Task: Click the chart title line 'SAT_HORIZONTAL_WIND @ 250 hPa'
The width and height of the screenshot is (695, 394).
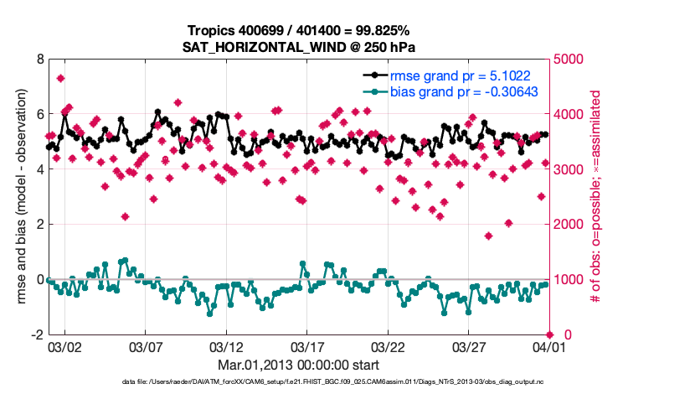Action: (299, 47)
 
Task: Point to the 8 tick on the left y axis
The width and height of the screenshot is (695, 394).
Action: (39, 60)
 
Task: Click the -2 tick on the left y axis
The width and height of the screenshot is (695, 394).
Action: (37, 334)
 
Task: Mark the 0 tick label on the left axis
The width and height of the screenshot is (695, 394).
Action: (39, 279)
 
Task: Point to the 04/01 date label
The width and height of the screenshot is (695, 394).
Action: (549, 346)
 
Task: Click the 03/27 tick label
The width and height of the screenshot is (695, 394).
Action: (469, 346)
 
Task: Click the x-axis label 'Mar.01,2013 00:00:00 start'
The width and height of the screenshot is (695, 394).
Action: (299, 365)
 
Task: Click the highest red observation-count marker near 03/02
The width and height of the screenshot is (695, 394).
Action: (61, 79)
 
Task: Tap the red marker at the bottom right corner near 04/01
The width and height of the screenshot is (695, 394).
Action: (549, 334)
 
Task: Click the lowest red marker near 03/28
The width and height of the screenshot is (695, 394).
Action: (488, 236)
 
